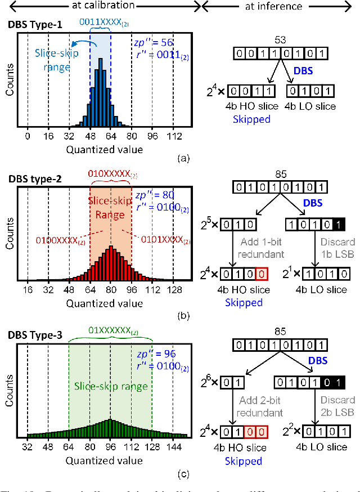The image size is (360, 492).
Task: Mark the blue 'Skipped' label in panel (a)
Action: (x=248, y=119)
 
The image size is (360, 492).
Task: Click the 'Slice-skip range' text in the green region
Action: (x=110, y=386)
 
